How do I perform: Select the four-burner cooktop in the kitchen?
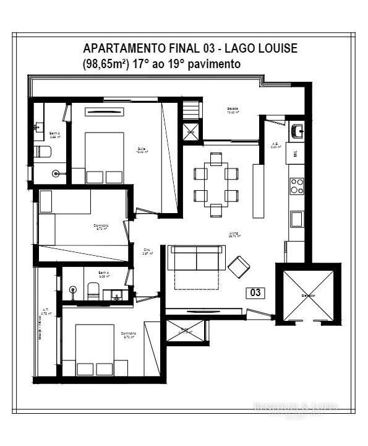pyautogui.click(x=297, y=185)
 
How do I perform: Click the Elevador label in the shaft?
pyautogui.click(x=308, y=295)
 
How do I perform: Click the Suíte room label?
pyautogui.click(x=142, y=150)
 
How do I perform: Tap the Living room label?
pyautogui.click(x=234, y=234)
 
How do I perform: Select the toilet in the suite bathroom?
pyautogui.click(x=43, y=151)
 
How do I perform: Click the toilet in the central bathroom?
pyautogui.click(x=93, y=289)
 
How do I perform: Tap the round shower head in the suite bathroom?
pyautogui.click(x=56, y=174)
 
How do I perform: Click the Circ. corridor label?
pyautogui.click(x=147, y=251)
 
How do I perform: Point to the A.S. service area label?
pyautogui.click(x=275, y=146)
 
